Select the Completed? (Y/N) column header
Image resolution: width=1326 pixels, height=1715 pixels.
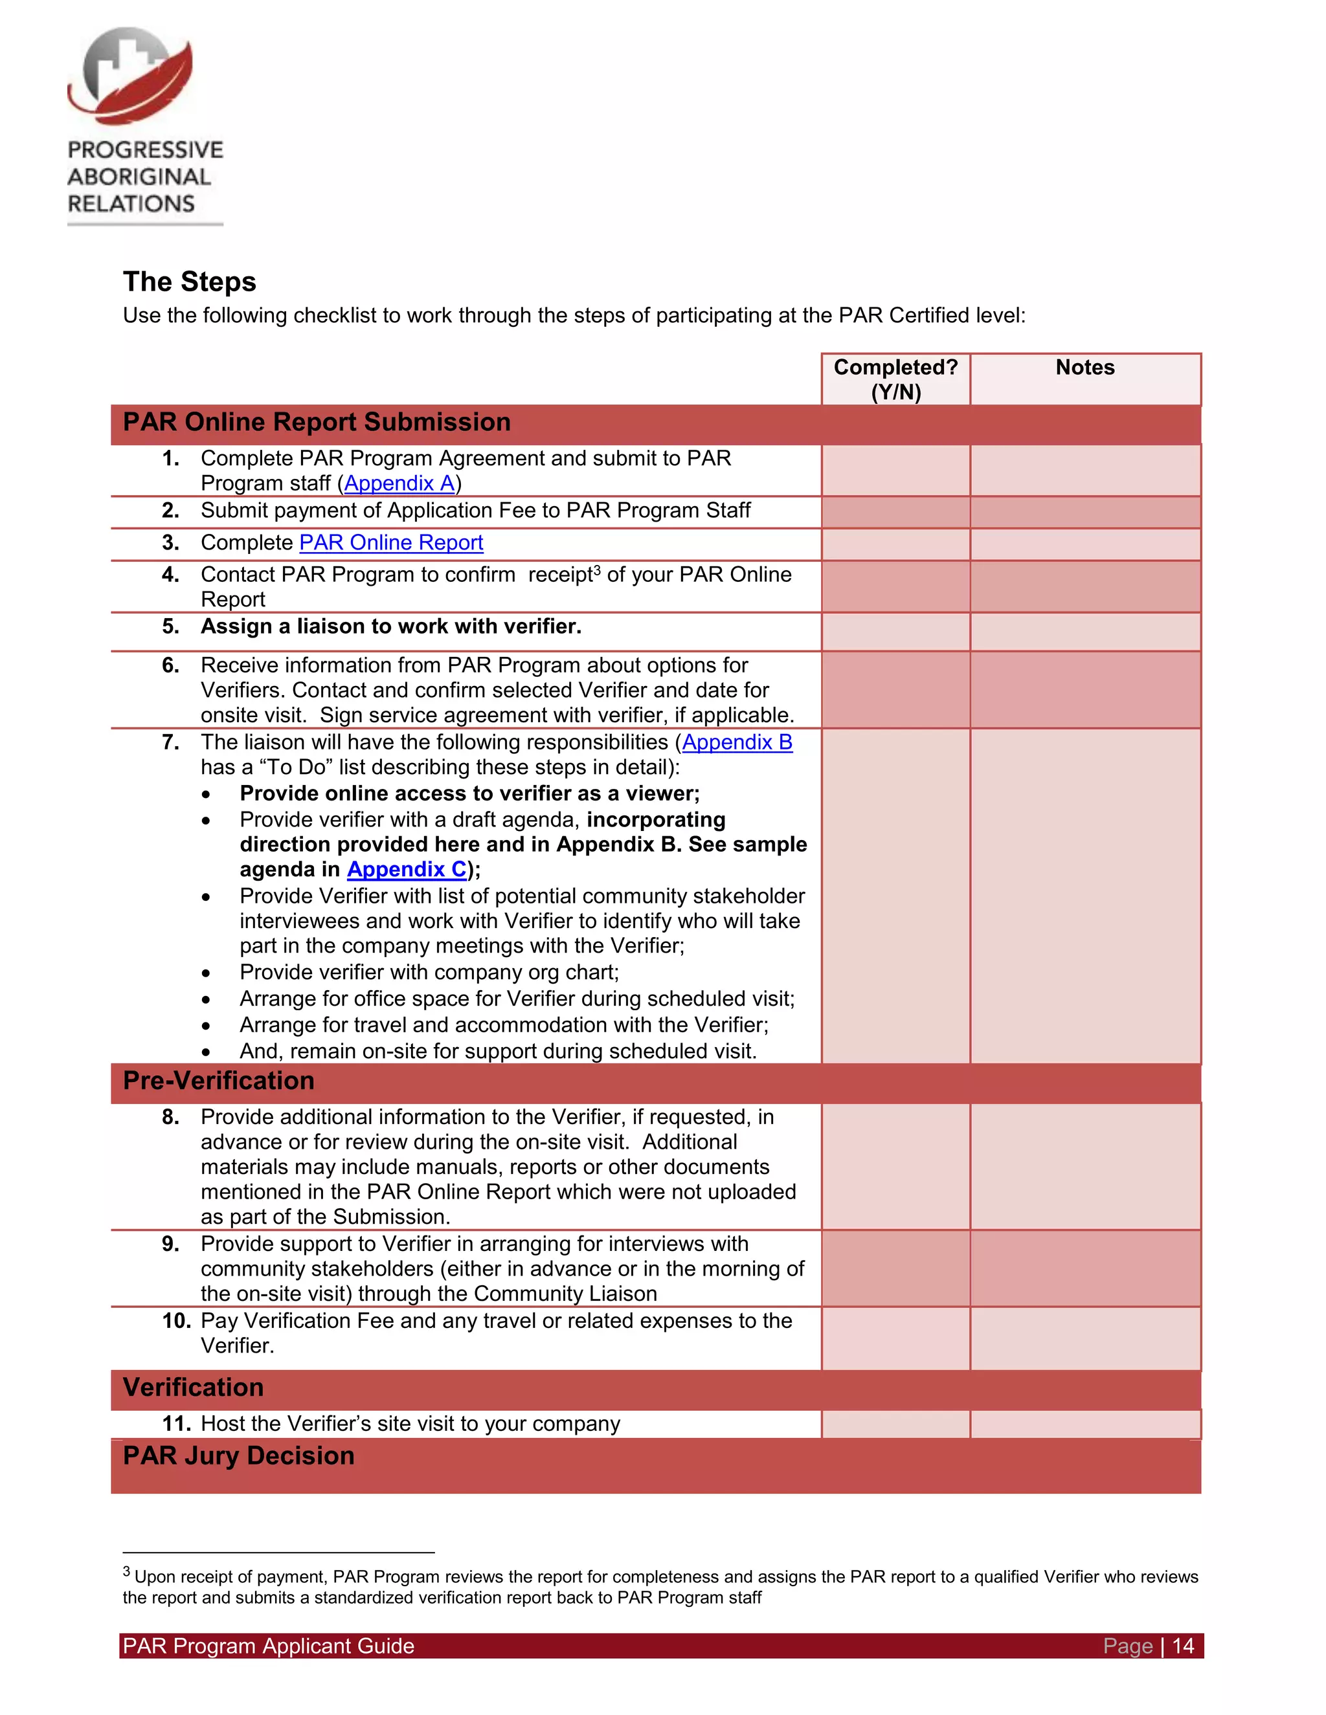pyautogui.click(x=895, y=379)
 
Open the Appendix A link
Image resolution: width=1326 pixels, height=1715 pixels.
pyautogui.click(x=399, y=483)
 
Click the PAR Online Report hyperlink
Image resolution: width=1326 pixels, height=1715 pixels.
pyautogui.click(x=390, y=542)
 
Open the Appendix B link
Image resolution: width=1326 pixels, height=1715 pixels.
pyautogui.click(x=737, y=742)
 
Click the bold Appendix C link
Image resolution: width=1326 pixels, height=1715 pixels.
pyautogui.click(x=407, y=869)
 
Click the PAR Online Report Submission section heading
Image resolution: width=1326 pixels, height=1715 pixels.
pyautogui.click(x=317, y=423)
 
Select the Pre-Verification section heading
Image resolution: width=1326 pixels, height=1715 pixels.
pyautogui.click(x=218, y=1081)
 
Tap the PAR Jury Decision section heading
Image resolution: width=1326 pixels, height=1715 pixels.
pyautogui.click(x=238, y=1456)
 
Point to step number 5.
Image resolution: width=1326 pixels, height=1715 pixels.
pyautogui.click(x=170, y=626)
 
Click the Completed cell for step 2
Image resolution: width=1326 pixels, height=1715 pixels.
pyautogui.click(x=895, y=512)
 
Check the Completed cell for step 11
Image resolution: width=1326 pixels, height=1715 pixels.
pyautogui.click(x=895, y=1424)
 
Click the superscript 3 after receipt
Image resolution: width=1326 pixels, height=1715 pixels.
pyautogui.click(x=597, y=570)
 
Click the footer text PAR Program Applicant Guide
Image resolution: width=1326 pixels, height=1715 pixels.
pyautogui.click(x=268, y=1646)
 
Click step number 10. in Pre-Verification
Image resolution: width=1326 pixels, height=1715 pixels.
pyautogui.click(x=176, y=1321)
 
